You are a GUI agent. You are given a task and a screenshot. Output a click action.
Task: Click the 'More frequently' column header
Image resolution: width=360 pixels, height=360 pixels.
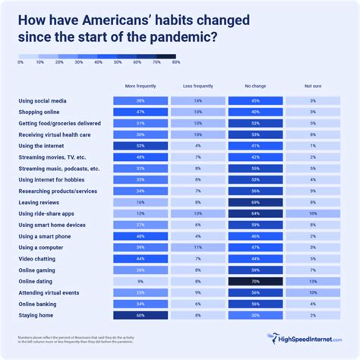[x=141, y=87]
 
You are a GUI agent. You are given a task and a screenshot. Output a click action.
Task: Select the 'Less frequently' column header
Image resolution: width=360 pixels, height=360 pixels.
[x=197, y=87]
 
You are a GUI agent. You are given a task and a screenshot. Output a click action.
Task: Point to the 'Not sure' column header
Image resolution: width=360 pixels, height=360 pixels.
[x=312, y=87]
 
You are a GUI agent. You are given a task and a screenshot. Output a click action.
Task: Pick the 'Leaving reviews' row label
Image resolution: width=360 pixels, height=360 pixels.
[x=39, y=202]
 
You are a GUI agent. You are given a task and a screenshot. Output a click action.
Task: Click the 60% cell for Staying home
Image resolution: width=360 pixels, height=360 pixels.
[x=141, y=314]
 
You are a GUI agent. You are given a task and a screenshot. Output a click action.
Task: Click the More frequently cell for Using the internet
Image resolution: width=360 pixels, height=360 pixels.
[x=141, y=145]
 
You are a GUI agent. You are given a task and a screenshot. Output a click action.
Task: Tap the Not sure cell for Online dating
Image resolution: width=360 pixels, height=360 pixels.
[x=312, y=281]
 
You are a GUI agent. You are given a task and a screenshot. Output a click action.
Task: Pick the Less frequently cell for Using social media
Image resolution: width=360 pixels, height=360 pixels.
[x=197, y=100]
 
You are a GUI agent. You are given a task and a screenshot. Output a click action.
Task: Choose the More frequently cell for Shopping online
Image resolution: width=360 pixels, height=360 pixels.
[x=141, y=112]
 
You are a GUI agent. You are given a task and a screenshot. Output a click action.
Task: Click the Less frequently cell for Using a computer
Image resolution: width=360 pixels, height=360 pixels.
[x=197, y=247]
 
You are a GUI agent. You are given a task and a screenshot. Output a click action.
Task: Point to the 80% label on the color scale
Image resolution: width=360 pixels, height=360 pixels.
[x=175, y=62]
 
